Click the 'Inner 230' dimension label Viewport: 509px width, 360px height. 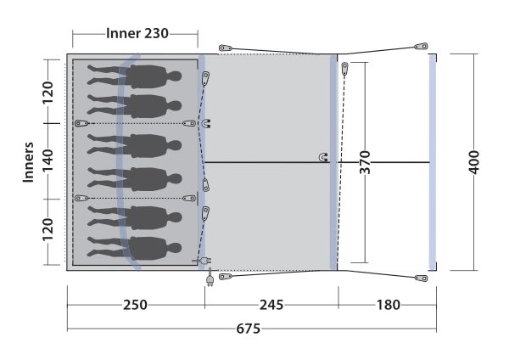137,33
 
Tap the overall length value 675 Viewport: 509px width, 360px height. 249,329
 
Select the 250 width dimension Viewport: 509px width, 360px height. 135,305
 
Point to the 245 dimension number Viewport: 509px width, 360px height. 271,305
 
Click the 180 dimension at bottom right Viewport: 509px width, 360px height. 389,305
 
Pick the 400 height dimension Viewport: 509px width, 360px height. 474,162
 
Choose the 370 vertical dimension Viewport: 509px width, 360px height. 365,162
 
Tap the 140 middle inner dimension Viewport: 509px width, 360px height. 48,160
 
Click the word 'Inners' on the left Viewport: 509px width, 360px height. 29,162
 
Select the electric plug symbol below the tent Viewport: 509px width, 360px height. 210,279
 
